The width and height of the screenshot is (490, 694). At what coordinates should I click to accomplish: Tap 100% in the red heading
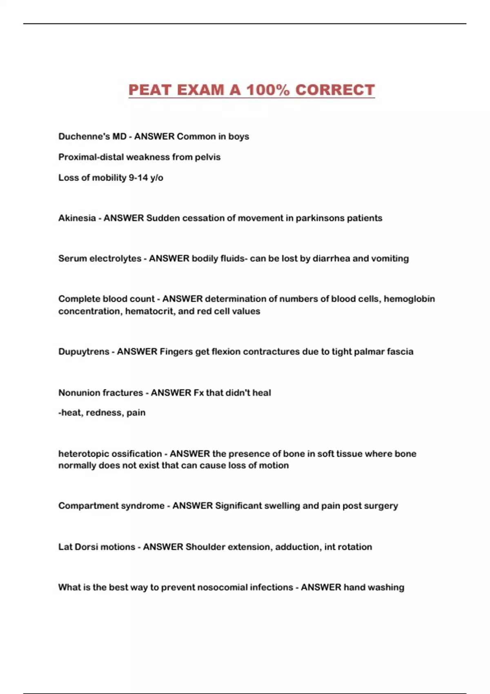click(x=267, y=90)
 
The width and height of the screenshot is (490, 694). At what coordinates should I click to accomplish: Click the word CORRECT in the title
click(x=335, y=90)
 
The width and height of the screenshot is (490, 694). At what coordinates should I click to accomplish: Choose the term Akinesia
click(x=77, y=218)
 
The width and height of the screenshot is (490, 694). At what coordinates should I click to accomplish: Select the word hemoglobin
click(x=409, y=299)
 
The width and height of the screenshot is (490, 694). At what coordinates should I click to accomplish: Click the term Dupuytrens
click(x=84, y=351)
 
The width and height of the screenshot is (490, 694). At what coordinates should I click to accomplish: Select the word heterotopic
click(x=83, y=454)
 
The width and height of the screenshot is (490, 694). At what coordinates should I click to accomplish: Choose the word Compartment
click(x=85, y=506)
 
